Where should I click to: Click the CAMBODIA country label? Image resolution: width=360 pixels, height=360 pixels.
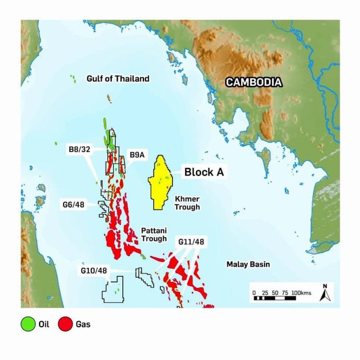[254, 82]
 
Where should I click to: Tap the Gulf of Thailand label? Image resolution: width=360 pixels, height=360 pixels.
[117, 79]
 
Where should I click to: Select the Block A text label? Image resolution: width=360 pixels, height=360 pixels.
[204, 172]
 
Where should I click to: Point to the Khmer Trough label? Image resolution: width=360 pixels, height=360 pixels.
[187, 203]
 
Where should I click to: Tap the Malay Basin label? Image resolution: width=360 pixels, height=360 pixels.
[248, 265]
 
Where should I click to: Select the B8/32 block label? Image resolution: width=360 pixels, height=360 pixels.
[79, 149]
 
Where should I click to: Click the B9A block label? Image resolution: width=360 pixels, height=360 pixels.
[137, 155]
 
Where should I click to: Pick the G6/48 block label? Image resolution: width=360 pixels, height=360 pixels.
[74, 205]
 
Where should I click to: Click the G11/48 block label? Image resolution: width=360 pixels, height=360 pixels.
[191, 242]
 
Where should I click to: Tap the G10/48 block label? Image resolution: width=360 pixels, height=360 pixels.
[93, 271]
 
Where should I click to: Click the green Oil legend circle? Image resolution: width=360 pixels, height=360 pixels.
[28, 325]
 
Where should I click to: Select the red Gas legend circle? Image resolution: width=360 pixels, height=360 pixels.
[65, 325]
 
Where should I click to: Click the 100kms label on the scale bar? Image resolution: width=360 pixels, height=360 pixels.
[301, 293]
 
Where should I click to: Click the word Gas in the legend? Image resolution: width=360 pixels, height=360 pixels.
[83, 325]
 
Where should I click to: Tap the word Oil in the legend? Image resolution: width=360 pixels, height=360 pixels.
[44, 325]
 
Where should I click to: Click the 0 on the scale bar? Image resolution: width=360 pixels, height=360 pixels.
[254, 293]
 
